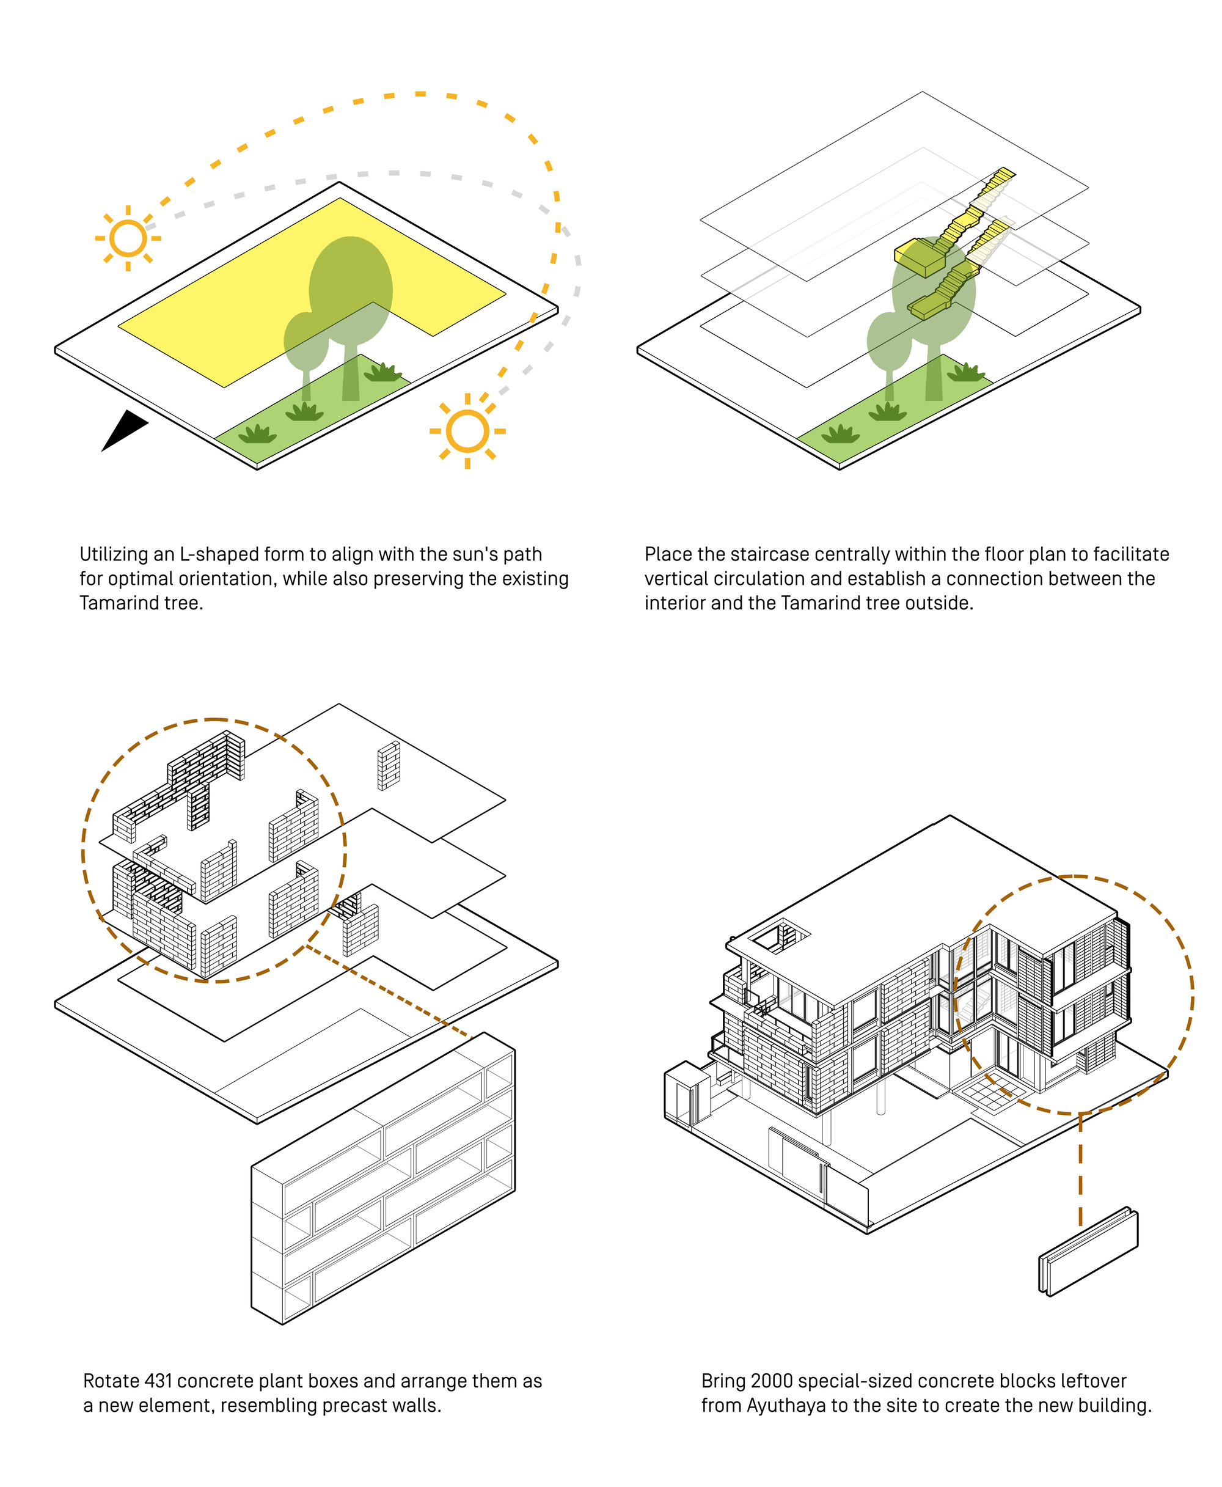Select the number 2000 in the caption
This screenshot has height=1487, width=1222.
[x=772, y=1381]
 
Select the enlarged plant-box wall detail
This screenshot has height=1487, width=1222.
[x=384, y=1177]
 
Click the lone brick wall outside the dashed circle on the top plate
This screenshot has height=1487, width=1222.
[x=389, y=765]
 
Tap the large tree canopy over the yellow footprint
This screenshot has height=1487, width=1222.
[x=351, y=289]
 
